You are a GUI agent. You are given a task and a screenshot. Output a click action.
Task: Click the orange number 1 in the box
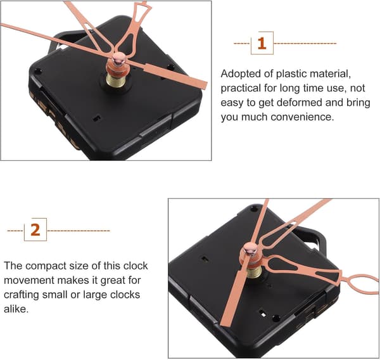[262, 44]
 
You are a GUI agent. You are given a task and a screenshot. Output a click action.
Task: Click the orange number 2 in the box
[35, 230]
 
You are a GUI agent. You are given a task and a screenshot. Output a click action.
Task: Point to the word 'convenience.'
[303, 117]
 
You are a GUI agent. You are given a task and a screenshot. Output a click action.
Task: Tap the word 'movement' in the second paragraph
[29, 280]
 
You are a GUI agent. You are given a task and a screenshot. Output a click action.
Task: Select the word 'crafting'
[22, 295]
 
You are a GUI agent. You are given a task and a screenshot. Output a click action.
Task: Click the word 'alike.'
[16, 309]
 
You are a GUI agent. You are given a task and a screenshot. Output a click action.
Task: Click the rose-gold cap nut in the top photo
[119, 58]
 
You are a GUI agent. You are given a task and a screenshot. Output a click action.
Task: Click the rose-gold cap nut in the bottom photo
[250, 249]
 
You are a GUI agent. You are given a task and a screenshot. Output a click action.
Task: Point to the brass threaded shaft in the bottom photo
[255, 271]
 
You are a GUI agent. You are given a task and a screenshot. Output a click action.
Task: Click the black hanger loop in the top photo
[65, 41]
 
